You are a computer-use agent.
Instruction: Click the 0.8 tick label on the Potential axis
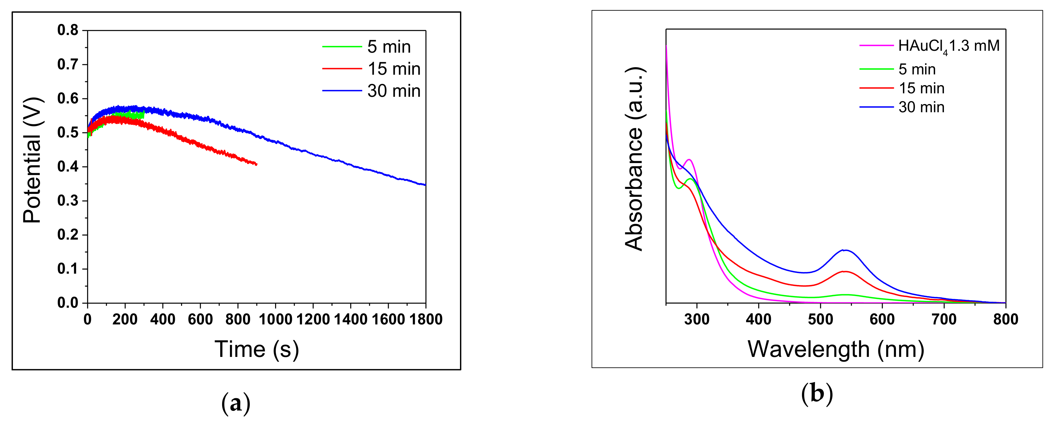click(68, 30)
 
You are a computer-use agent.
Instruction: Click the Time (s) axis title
click(257, 349)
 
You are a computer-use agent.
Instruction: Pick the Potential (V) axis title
click(32, 160)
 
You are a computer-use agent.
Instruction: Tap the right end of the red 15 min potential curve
click(256, 164)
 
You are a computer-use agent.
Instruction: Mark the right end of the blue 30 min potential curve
click(425, 185)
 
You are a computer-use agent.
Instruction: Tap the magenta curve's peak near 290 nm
click(689, 159)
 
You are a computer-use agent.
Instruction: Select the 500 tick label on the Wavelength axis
click(820, 319)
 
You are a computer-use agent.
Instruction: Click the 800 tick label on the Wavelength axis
click(1005, 319)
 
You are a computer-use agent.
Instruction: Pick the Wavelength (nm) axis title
click(836, 349)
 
